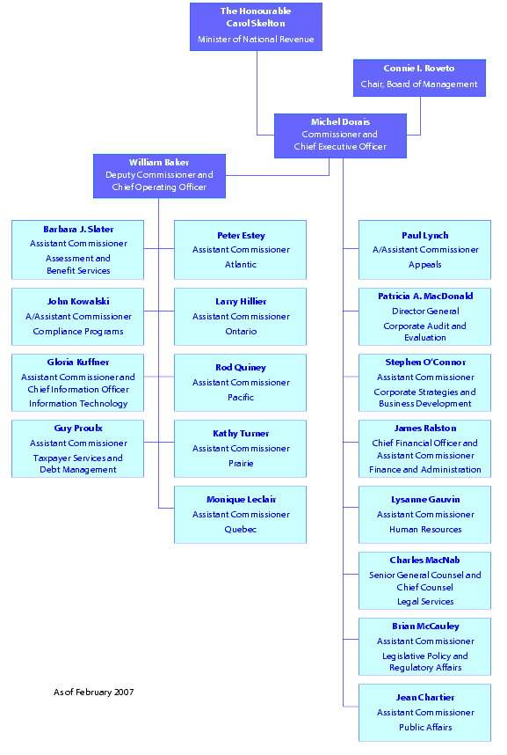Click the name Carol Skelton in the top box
256,23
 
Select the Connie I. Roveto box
419,77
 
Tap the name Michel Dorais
340,122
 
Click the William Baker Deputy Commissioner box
159,175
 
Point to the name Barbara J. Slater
78,230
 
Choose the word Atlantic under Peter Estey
240,265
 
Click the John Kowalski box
78,316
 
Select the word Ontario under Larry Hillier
240,332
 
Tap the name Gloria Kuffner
78,363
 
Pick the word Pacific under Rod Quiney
240,398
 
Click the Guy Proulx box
78,449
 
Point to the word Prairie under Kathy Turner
240,464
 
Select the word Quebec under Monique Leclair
240,530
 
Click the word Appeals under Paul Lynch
425,265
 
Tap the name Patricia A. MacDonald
425,297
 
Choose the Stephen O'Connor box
425,383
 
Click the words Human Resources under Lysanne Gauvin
425,530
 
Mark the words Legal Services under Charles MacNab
425,602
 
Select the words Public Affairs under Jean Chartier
425,728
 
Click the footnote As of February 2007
93,693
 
